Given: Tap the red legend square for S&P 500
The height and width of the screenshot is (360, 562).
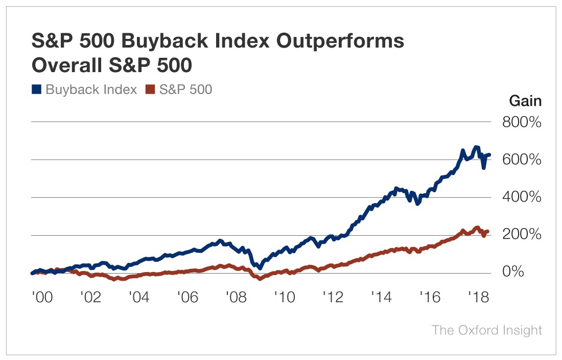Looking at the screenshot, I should click(150, 89).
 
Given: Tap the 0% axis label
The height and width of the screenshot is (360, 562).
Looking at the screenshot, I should click(512, 272).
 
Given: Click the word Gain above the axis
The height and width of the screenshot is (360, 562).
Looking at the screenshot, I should click(525, 101).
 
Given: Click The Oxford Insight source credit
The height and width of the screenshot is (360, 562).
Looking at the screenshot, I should click(486, 330).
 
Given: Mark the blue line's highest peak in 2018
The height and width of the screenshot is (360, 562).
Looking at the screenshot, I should click(476, 147).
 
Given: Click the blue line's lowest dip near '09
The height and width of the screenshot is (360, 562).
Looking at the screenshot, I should click(260, 267).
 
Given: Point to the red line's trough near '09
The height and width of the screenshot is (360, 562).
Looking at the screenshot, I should click(260, 279).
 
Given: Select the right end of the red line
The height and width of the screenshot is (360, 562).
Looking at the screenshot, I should click(488, 232).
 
